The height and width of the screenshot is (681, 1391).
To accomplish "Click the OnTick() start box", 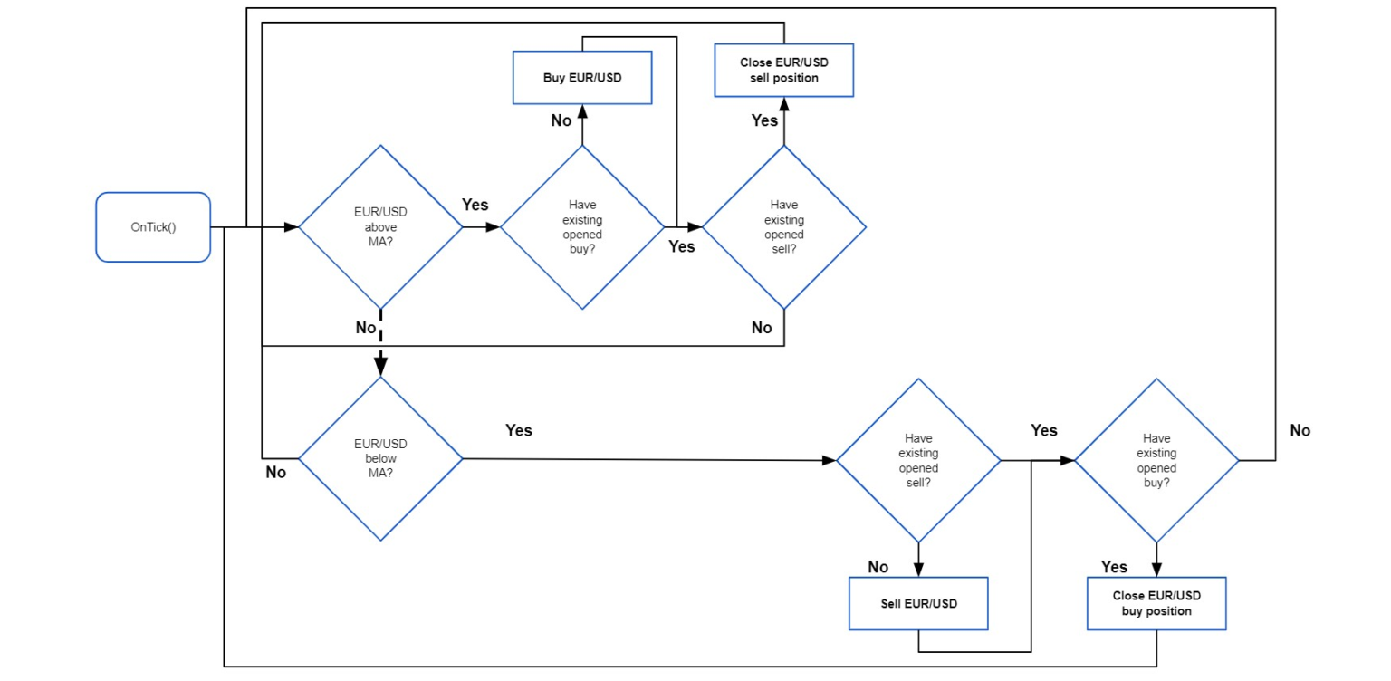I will pyautogui.click(x=153, y=227).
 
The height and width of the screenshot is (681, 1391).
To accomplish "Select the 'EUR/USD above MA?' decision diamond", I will pyautogui.click(x=380, y=227).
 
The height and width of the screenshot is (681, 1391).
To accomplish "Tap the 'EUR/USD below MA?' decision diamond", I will pyautogui.click(x=380, y=458).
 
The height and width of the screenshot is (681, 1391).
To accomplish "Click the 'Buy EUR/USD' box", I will pyautogui.click(x=582, y=77).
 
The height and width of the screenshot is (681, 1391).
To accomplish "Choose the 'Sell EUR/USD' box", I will pyautogui.click(x=918, y=603).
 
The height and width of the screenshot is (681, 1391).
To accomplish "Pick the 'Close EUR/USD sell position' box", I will pyautogui.click(x=783, y=71).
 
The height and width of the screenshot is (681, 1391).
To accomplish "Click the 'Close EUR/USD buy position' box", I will pyautogui.click(x=1156, y=603).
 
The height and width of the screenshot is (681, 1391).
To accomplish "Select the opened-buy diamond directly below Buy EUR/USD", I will pyautogui.click(x=582, y=227).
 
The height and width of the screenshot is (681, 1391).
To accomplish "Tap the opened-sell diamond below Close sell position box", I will pyautogui.click(x=783, y=227).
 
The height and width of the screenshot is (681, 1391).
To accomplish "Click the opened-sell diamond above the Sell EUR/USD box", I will pyautogui.click(x=918, y=460).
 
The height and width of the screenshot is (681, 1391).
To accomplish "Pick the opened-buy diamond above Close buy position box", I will pyautogui.click(x=1156, y=460).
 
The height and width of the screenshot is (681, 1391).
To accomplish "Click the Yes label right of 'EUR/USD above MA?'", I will pyautogui.click(x=475, y=205).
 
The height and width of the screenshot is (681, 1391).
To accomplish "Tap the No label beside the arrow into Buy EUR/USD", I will pyautogui.click(x=561, y=120).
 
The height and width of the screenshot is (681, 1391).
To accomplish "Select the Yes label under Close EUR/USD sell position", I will pyautogui.click(x=764, y=120).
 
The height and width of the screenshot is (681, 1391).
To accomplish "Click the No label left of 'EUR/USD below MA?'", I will pyautogui.click(x=275, y=472).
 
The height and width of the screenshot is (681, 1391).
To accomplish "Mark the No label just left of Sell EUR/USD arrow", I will pyautogui.click(x=878, y=567).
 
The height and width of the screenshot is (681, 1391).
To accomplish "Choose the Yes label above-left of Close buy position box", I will pyautogui.click(x=1114, y=567).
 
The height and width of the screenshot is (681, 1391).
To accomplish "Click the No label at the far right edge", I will pyautogui.click(x=1300, y=431).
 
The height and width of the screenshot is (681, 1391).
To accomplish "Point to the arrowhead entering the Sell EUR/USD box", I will pyautogui.click(x=918, y=571).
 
